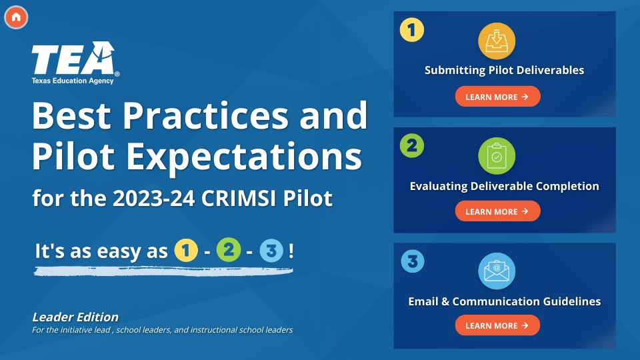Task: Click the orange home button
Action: pos(16,17)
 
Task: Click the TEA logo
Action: pos(75,63)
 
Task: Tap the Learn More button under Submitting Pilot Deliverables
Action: pos(497,97)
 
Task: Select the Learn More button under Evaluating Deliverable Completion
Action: pos(497,211)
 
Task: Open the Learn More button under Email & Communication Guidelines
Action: pos(497,325)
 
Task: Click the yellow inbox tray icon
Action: pos(497,41)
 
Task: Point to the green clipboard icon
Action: pos(497,156)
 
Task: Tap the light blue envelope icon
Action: pos(497,271)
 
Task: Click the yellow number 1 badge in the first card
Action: pos(412,30)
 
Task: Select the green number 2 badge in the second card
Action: pos(412,146)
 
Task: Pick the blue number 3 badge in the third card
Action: pos(413,261)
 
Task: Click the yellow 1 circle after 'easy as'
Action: pos(186,250)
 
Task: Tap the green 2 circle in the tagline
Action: pos(229,250)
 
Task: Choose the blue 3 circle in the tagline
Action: pos(271,251)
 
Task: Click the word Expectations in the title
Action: pos(244,157)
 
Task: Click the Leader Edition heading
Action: pos(75,317)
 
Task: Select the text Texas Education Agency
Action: pos(73,81)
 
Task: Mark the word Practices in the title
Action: pos(206,116)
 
